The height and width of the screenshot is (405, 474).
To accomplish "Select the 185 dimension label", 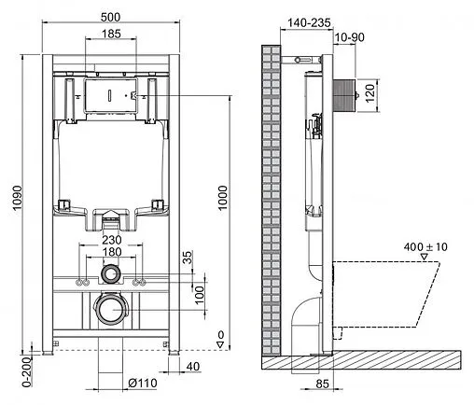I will coord(111,35).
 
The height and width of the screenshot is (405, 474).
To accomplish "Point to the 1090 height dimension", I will coord(10,198).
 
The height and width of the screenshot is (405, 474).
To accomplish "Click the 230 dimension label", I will coord(111,238).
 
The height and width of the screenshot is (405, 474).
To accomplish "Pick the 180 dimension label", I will coord(111,251).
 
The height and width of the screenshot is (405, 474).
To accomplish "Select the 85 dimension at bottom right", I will coord(321,381).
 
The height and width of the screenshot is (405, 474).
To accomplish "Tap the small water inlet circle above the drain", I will coord(111,275).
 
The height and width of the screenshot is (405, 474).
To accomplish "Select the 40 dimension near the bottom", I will coord(191,366).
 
